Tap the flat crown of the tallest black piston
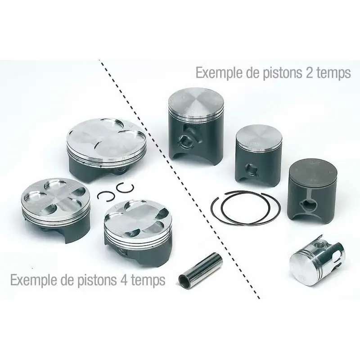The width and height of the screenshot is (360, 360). [196, 100]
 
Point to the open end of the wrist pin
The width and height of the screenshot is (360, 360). [184, 279]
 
